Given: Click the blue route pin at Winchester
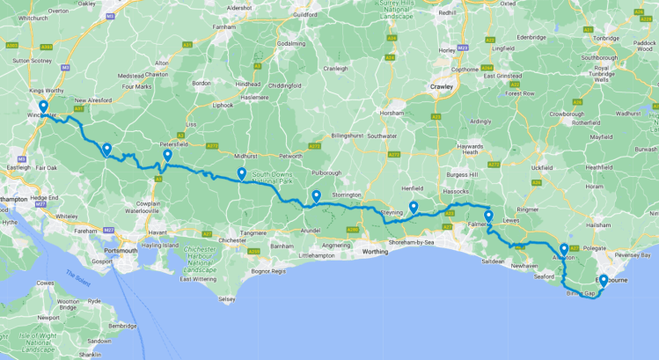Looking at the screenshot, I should pyautogui.click(x=42, y=107).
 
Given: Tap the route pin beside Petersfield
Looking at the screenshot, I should pyautogui.click(x=166, y=156).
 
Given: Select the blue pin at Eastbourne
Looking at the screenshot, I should pyautogui.click(x=603, y=281).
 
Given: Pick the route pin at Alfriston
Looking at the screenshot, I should pyautogui.click(x=563, y=249).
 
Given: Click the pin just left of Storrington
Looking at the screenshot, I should pyautogui.click(x=316, y=195).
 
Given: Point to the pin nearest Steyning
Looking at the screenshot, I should pyautogui.click(x=413, y=207).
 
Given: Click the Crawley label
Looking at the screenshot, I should pyautogui.click(x=440, y=87).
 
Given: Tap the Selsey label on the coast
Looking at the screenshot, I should pyautogui.click(x=227, y=299).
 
